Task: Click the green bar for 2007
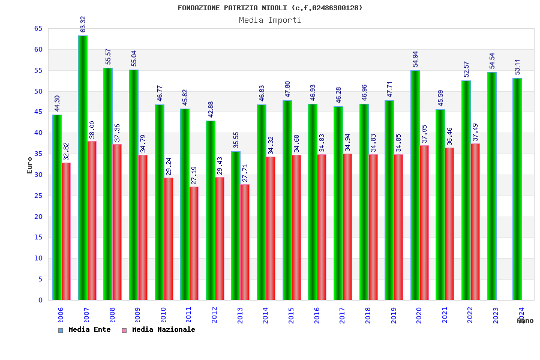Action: click(x=83, y=168)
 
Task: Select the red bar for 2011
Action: click(x=194, y=243)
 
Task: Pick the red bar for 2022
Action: click(x=475, y=221)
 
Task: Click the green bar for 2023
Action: click(x=492, y=186)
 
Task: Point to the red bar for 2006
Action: click(x=66, y=231)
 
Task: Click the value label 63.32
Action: click(x=83, y=24)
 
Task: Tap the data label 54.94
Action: click(x=415, y=59)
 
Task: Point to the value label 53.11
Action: click(x=517, y=67)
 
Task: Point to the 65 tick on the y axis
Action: click(x=38, y=29)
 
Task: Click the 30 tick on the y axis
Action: click(x=38, y=175)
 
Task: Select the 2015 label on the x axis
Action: click(x=291, y=315)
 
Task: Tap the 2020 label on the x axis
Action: click(x=419, y=315)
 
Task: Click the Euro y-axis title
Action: click(x=30, y=165)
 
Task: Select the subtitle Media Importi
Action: click(x=270, y=20)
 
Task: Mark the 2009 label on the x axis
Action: click(x=137, y=315)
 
